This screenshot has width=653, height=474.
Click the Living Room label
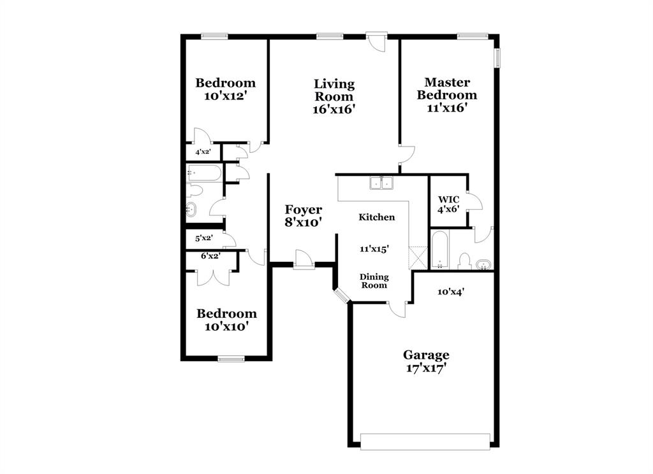334,96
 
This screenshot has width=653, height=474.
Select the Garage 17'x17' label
425,361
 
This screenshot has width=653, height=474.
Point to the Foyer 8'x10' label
303,216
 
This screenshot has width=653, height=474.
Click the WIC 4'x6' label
448,204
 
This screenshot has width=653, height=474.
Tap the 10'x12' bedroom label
225,89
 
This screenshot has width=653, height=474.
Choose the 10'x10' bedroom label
226,320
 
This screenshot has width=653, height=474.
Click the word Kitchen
376,217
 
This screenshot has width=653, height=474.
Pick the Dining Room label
374,281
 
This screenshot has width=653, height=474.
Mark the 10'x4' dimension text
450,292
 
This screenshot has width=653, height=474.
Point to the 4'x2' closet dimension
202,152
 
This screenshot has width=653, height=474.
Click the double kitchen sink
382,183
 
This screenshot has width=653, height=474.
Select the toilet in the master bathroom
465,261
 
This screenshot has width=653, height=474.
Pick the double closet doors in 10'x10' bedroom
210,276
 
